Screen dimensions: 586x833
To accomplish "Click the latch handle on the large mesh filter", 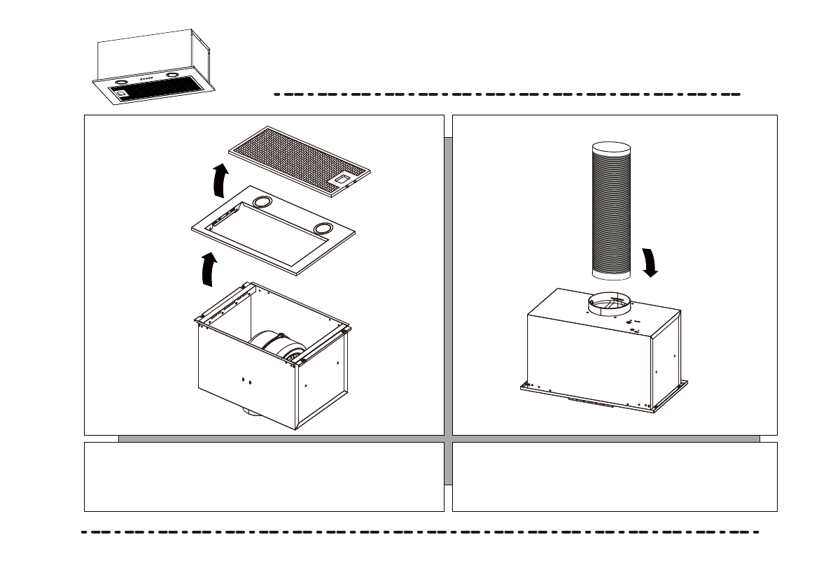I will pos(342,181).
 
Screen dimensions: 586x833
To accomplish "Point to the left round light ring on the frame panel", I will pos(262,202).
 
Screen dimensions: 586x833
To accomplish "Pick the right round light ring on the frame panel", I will pos(323,229).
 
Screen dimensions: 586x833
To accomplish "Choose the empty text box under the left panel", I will pos(264,476).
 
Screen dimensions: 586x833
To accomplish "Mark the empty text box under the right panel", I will pos(615,476).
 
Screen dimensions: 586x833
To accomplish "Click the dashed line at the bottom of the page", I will pos(420,532).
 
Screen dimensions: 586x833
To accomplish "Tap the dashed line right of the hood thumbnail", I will pos(507,94).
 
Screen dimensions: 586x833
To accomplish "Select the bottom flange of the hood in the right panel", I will pos(602,399).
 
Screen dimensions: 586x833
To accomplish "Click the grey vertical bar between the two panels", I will pos(448,308).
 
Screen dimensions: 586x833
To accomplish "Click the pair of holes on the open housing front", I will pos(246,380).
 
